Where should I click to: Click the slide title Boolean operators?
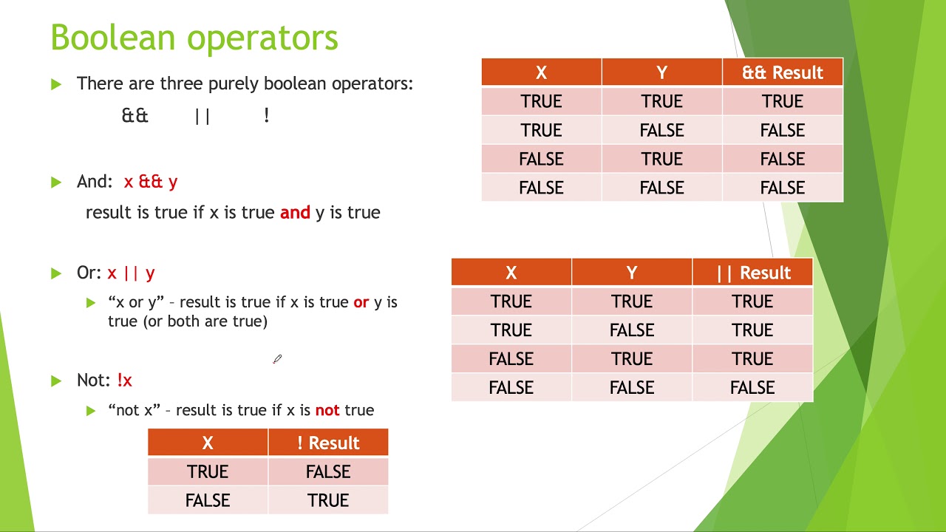pyautogui.click(x=194, y=38)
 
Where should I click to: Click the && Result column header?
pyautogui.click(x=782, y=72)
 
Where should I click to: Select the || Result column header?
pyautogui.click(x=752, y=273)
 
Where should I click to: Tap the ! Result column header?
pyautogui.click(x=327, y=443)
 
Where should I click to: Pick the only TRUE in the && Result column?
pyautogui.click(x=782, y=101)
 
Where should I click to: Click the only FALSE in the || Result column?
pyautogui.click(x=752, y=388)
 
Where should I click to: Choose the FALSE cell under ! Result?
pyautogui.click(x=327, y=471)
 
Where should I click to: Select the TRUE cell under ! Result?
pyautogui.click(x=327, y=500)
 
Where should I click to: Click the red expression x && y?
pyautogui.click(x=151, y=182)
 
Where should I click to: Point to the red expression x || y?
pyautogui.click(x=131, y=273)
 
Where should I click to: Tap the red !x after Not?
pyautogui.click(x=124, y=381)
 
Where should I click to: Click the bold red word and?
pyautogui.click(x=295, y=213)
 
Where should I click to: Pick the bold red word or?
pyautogui.click(x=361, y=302)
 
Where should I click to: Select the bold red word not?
pyautogui.click(x=327, y=410)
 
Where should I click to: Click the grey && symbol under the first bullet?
pyautogui.click(x=135, y=116)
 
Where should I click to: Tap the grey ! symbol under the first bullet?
pyautogui.click(x=266, y=116)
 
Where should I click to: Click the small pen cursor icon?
pyautogui.click(x=277, y=359)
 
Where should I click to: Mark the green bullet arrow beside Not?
pyautogui.click(x=56, y=381)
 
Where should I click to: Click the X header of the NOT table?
pyautogui.click(x=208, y=443)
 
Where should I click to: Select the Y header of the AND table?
pyautogui.click(x=661, y=72)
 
